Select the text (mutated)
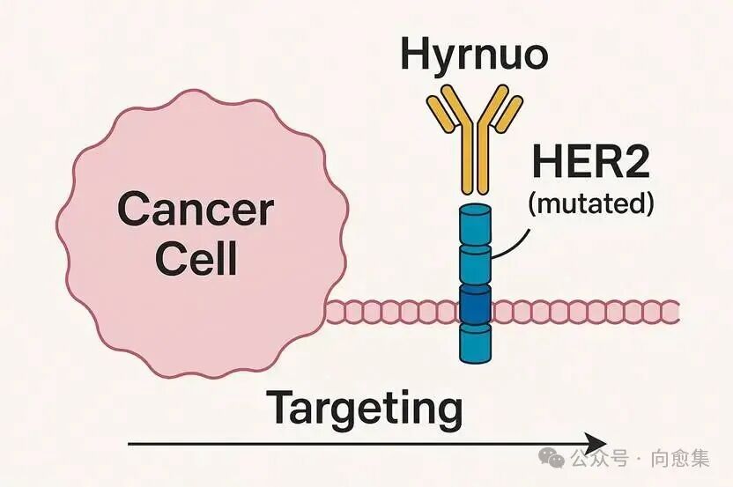(590, 204)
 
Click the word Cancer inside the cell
(195, 210)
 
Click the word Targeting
(364, 408)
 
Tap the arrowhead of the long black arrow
(598, 443)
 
